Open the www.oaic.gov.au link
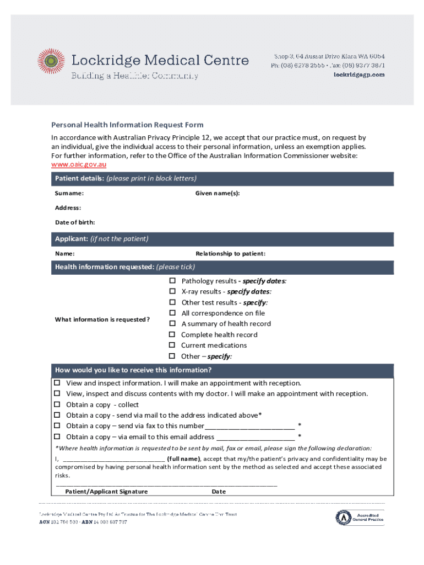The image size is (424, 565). point(79,164)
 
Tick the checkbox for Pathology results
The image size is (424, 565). point(172,281)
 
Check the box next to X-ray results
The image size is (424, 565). point(172,291)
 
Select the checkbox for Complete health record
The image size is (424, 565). point(172,334)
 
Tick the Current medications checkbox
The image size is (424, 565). point(172,345)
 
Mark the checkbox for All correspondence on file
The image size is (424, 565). point(172,313)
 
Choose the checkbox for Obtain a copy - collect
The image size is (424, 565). point(57,404)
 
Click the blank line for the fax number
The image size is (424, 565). point(249,426)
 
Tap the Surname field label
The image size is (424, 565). point(69,194)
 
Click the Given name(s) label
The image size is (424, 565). point(218,194)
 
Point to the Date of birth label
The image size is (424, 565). point(74,222)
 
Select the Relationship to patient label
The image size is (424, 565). point(230,254)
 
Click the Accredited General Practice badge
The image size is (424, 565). point(361,517)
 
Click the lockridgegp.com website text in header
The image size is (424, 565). point(359,75)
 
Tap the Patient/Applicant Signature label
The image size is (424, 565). point(106,492)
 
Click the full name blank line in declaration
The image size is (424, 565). point(114,459)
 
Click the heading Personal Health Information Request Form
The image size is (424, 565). point(127,125)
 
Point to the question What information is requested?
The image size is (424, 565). point(102,319)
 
